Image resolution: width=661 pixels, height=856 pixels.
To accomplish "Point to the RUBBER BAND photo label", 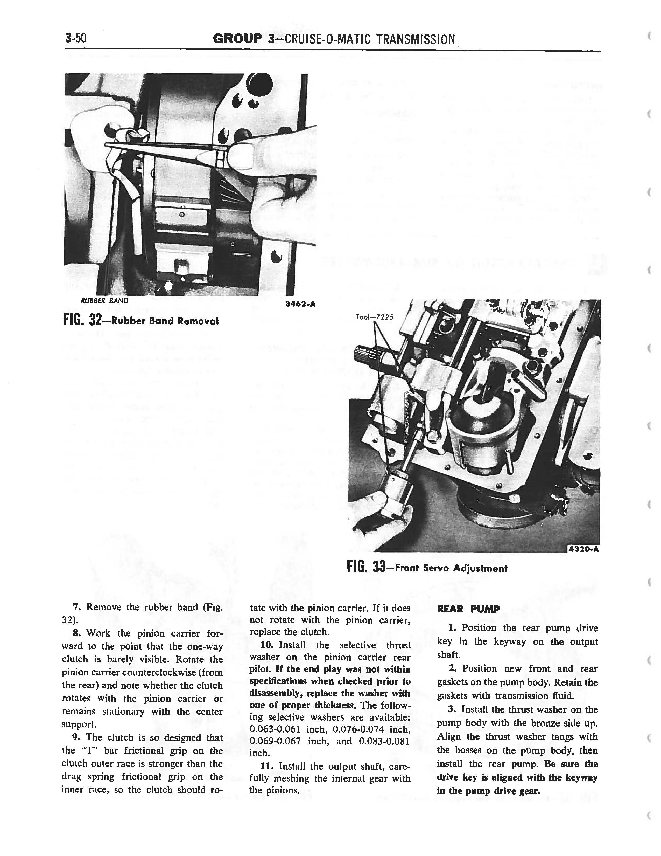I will coord(104,301).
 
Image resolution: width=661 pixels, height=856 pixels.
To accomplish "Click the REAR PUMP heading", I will coord(468,609).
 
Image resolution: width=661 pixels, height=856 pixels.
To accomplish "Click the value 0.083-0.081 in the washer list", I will coord(384,742).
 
